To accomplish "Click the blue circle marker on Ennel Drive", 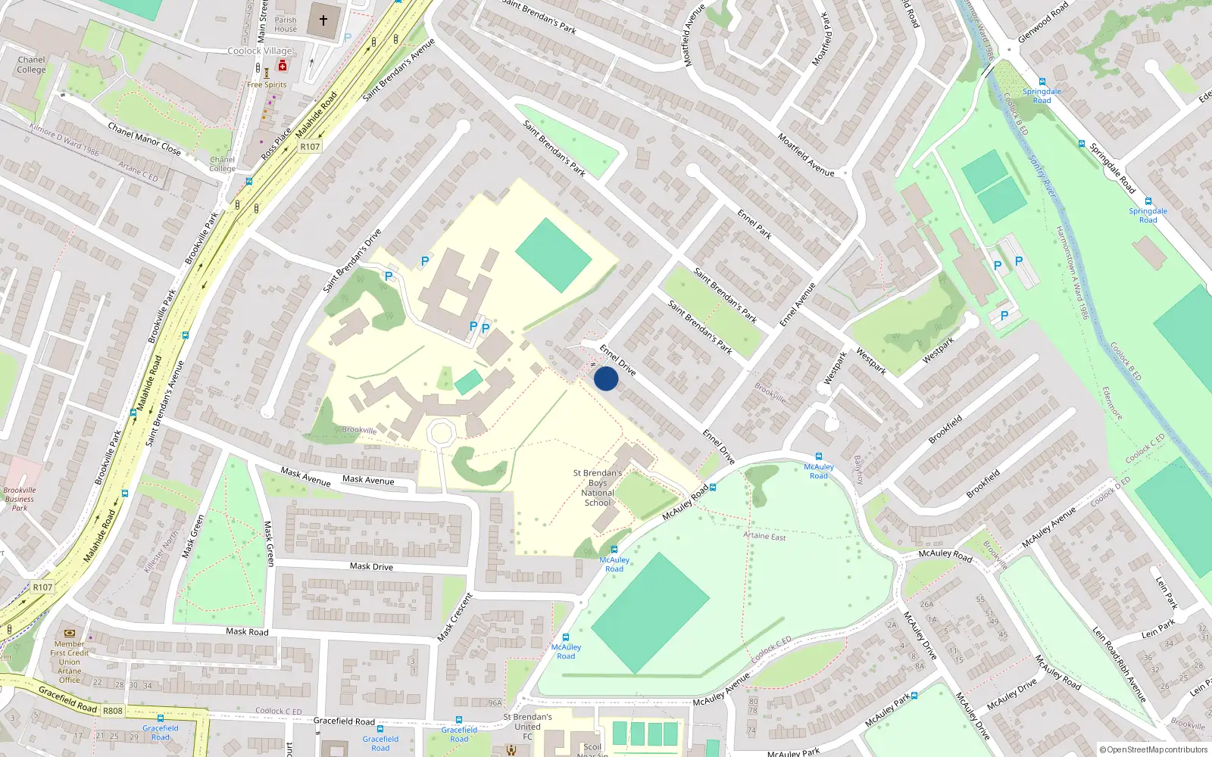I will coord(606,378).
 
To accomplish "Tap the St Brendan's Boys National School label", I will coord(598,488).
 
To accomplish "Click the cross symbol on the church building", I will coord(323,20).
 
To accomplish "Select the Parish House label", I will coord(286,25).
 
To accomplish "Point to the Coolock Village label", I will coord(260,51).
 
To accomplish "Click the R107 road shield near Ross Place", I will coord(310,147).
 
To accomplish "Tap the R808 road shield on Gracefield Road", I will coord(113,711).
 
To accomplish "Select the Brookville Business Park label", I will coord(20,499).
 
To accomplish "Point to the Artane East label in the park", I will coord(764,536).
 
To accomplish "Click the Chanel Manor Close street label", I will coord(144,139).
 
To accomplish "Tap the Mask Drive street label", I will coord(371,566).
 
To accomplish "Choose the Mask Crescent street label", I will coord(455,617).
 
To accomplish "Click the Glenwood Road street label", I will coord(1043,22).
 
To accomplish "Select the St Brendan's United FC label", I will coord(528,726).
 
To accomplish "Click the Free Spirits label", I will coord(267,85).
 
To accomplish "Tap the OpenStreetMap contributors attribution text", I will coord(1154,749).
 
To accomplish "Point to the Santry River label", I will coord(1042,176).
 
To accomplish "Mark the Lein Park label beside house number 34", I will coord(1158,629).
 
